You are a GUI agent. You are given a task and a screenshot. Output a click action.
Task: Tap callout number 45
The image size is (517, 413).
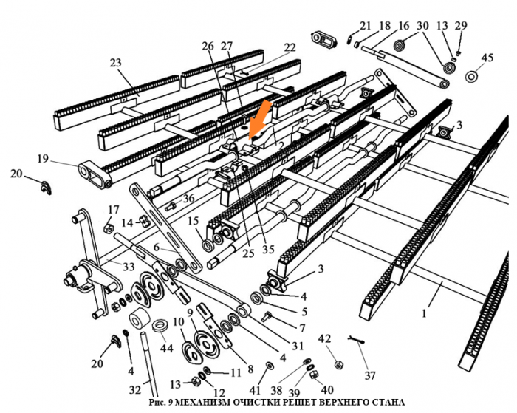click(x=487, y=58)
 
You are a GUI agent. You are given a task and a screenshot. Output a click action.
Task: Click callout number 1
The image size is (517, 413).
click(x=424, y=313)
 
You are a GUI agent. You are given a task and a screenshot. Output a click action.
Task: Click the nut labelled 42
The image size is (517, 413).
click(x=338, y=364)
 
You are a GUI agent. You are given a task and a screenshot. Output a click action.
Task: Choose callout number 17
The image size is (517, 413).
click(x=114, y=209)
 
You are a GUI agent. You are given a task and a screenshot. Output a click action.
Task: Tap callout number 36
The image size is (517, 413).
click(x=189, y=198)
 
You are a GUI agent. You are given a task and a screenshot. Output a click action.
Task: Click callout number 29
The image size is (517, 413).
click(x=462, y=26)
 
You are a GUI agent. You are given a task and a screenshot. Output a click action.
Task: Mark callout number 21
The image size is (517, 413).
click(x=365, y=26)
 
